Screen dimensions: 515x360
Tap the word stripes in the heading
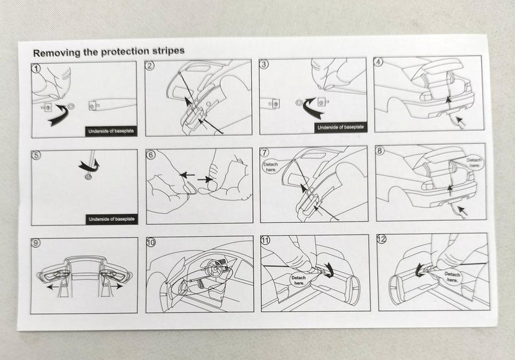(x=168, y=51)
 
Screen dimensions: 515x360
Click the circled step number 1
(x=36, y=68)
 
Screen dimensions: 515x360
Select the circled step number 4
(x=379, y=62)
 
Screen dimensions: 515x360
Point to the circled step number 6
(x=151, y=155)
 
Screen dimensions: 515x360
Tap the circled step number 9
(x=35, y=243)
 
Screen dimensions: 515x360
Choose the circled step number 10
(x=151, y=243)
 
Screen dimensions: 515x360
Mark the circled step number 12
(x=382, y=239)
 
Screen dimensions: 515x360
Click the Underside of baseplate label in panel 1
(x=111, y=131)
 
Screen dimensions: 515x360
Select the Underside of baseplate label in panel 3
(x=341, y=128)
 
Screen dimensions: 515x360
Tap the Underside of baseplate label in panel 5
(x=111, y=219)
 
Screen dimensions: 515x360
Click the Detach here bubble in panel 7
(x=270, y=167)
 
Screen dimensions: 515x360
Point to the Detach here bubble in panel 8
(x=474, y=162)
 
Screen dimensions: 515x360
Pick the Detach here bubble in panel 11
(x=299, y=280)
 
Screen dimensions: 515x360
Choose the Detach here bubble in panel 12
(x=453, y=276)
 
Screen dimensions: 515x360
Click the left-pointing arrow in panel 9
(x=53, y=287)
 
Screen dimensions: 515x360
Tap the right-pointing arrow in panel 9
(x=116, y=286)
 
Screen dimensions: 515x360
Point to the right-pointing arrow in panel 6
(x=205, y=179)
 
